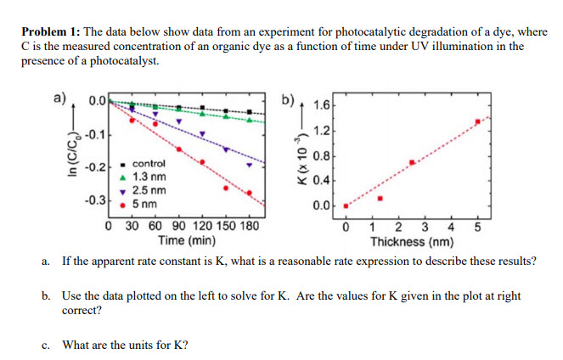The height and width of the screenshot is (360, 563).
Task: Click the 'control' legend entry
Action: click(x=149, y=162)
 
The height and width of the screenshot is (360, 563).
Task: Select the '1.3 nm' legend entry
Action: click(x=149, y=176)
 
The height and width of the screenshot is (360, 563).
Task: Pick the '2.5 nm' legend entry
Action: click(x=149, y=190)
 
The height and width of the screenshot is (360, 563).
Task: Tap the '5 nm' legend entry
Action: click(x=144, y=204)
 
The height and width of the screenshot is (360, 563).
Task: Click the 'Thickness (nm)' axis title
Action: click(x=412, y=240)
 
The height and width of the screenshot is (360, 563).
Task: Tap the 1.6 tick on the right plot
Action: click(x=321, y=107)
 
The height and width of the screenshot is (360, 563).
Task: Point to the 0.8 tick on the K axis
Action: click(x=321, y=155)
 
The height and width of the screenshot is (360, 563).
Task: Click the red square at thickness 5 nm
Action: click(x=477, y=121)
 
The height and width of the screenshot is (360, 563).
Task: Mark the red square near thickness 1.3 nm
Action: click(x=380, y=199)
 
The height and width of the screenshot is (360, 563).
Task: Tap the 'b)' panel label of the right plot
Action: click(x=290, y=100)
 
